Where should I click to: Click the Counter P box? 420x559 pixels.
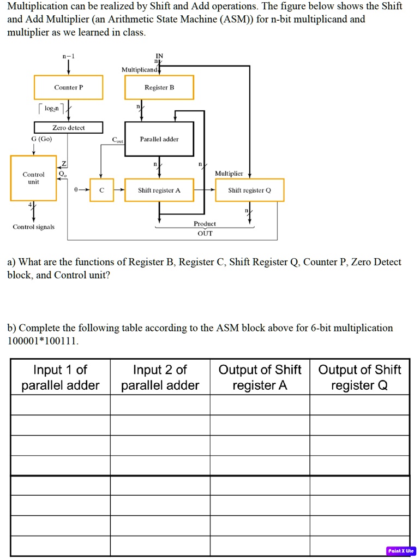tap(68, 87)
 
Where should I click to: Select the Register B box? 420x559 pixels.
tap(159, 87)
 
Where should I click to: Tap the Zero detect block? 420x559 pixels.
tap(68, 128)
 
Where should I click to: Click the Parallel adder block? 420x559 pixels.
tap(159, 140)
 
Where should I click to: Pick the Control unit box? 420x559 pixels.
tap(33, 178)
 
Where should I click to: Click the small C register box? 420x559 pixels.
tap(101, 190)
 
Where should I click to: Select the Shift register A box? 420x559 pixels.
tap(159, 190)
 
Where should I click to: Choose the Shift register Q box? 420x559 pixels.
tap(249, 190)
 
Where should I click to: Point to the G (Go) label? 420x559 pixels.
tap(41, 139)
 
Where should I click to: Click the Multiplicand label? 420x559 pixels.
tap(139, 70)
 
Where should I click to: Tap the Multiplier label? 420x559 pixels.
tap(229, 173)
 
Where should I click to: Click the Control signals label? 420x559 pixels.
tap(33, 227)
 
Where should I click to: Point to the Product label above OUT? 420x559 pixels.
tap(205, 224)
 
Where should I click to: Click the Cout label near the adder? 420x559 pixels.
tap(118, 140)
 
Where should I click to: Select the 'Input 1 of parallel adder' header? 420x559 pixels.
tap(60, 378)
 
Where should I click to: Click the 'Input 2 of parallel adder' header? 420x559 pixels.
tap(160, 378)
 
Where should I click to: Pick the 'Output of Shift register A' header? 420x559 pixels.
tap(260, 378)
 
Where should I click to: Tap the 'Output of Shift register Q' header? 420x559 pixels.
tap(359, 378)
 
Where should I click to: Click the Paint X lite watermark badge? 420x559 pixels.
tap(401, 551)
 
